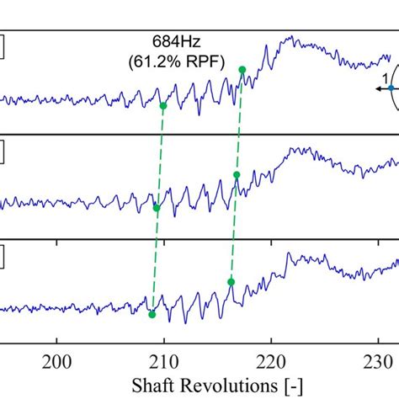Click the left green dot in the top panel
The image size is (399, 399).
coord(163,106)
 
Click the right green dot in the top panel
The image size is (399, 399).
coord(242,70)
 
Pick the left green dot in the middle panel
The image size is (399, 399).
coord(157,207)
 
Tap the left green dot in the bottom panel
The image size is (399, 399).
coord(152,315)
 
